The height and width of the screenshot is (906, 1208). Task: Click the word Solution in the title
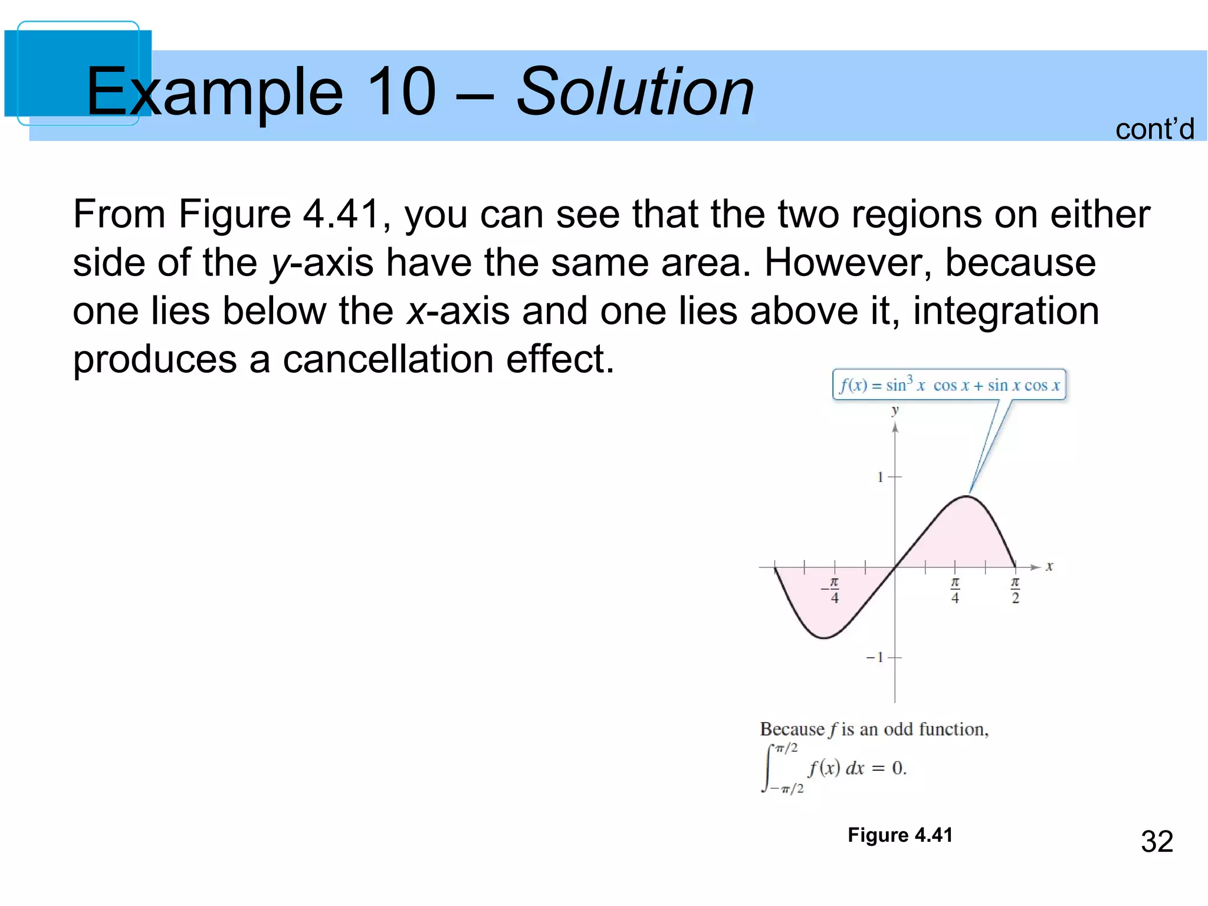(x=635, y=91)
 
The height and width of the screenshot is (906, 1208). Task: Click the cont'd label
(x=1154, y=129)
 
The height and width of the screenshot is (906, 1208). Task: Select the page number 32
(x=1157, y=841)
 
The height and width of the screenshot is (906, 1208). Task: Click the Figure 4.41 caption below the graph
(x=900, y=835)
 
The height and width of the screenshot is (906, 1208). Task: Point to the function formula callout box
(x=949, y=385)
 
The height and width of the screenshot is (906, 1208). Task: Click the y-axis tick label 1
(x=881, y=477)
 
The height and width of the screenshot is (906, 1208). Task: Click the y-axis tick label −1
(x=875, y=657)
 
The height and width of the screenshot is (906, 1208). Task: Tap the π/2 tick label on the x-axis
(x=1015, y=590)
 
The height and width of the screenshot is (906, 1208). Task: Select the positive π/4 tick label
(x=955, y=590)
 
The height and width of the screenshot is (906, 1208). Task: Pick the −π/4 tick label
(x=832, y=590)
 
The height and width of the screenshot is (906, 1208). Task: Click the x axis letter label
(x=1049, y=567)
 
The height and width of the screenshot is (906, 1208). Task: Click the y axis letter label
(x=895, y=410)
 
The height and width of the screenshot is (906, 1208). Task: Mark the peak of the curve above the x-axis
(x=967, y=497)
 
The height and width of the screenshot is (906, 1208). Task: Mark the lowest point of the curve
(x=823, y=638)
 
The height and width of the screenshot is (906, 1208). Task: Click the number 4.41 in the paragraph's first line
(x=342, y=214)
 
